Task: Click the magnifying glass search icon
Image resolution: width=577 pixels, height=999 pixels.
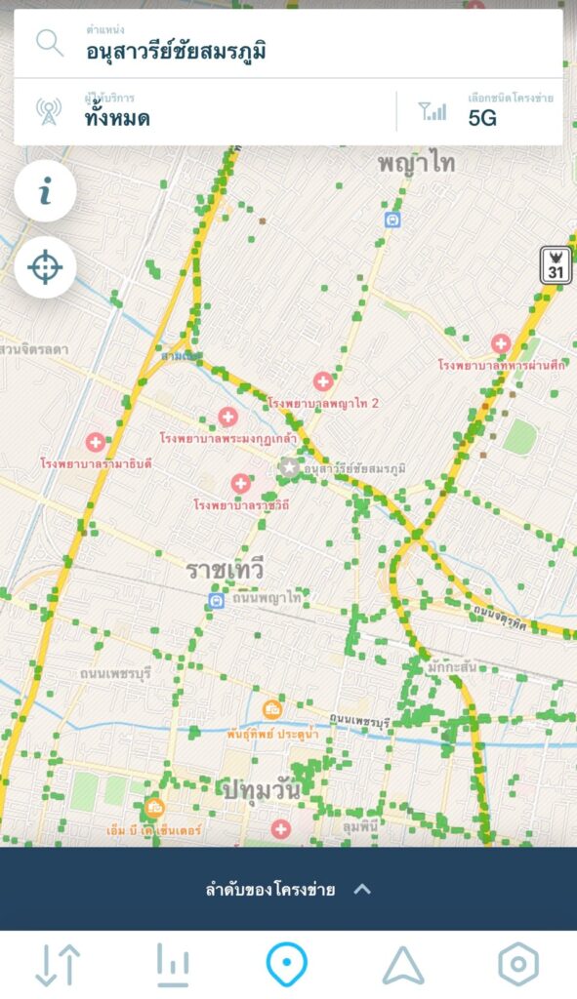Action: (49, 43)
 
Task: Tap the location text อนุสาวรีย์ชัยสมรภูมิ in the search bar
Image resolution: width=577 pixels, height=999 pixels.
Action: (176, 51)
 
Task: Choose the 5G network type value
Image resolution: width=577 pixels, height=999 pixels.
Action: (482, 118)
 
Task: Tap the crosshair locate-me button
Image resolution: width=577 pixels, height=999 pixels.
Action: (45, 266)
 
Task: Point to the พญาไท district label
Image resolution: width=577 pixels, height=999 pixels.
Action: (417, 163)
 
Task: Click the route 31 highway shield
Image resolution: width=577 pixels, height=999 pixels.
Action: (556, 266)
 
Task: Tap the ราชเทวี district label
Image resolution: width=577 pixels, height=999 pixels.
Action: (226, 570)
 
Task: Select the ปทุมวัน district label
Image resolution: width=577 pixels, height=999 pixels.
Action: (261, 787)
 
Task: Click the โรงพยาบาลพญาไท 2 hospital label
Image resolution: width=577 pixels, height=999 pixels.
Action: (323, 403)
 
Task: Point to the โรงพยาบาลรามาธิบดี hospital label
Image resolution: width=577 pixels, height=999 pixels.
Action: (96, 462)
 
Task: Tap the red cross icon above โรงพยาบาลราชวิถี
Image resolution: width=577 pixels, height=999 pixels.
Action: (241, 484)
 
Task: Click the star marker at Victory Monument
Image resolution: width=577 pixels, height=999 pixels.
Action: (289, 467)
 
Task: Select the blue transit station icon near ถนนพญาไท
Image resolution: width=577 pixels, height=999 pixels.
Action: (217, 601)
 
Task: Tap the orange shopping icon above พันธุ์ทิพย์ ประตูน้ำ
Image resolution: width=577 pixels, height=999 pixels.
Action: (272, 709)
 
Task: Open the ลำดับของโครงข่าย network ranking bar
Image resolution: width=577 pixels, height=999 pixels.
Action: (288, 889)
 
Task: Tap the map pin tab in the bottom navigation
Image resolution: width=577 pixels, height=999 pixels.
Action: (287, 965)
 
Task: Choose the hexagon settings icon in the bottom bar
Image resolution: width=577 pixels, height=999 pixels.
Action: (517, 965)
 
